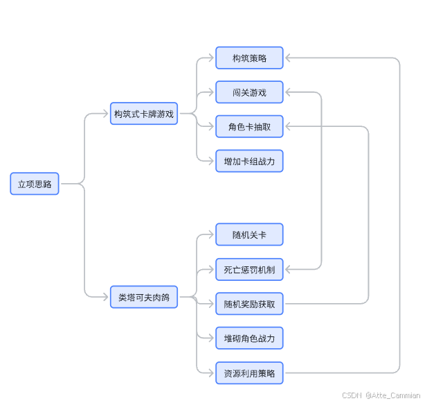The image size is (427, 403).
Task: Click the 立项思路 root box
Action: (35, 184)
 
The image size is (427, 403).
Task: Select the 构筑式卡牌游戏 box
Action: (144, 114)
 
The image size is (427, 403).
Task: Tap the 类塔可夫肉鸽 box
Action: (144, 297)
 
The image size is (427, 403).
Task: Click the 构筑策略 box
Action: (249, 58)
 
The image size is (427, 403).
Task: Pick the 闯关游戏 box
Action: (249, 92)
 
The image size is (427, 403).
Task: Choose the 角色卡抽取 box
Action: (249, 126)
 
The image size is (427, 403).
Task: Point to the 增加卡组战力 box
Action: (249, 161)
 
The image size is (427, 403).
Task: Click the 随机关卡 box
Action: (249, 234)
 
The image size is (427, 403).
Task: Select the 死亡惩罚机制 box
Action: (249, 269)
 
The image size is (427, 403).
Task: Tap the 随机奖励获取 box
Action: (249, 303)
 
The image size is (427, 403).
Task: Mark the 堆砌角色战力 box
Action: (249, 338)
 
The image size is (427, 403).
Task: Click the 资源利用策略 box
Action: (249, 373)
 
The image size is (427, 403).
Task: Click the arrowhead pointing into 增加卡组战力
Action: (211, 161)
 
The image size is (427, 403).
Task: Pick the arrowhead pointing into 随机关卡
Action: (211, 234)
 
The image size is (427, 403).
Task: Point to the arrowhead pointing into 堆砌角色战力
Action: (211, 338)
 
